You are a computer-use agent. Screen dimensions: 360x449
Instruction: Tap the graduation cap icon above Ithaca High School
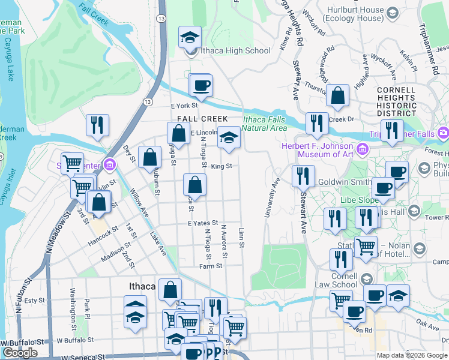click(190, 38)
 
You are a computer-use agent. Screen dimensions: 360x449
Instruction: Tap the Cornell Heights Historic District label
click(396, 101)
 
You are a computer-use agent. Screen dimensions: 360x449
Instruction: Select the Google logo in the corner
click(20, 353)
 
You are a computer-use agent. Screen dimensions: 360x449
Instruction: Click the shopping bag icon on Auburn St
click(150, 158)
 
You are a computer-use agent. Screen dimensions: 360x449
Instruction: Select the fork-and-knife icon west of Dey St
click(97, 125)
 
